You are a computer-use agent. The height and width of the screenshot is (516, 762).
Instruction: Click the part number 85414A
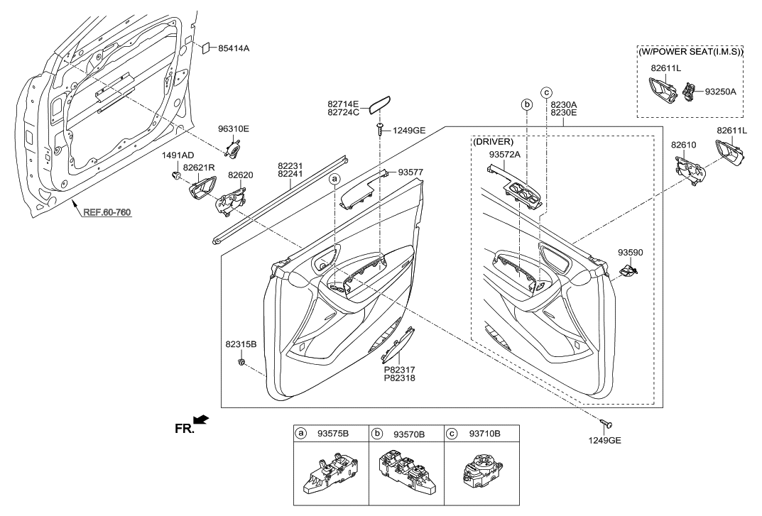[234, 48]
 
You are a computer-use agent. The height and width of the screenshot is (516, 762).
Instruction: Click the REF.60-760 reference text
[107, 212]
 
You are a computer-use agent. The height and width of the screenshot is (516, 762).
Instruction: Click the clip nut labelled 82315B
[242, 363]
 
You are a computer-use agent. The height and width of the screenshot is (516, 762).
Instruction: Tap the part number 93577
[410, 172]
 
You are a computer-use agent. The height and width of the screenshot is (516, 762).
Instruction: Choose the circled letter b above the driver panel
[527, 104]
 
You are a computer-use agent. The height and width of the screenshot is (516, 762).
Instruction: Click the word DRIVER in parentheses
[493, 142]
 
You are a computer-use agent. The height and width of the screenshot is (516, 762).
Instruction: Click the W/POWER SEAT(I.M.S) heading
[690, 51]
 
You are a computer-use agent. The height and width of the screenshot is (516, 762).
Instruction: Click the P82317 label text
[400, 369]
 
